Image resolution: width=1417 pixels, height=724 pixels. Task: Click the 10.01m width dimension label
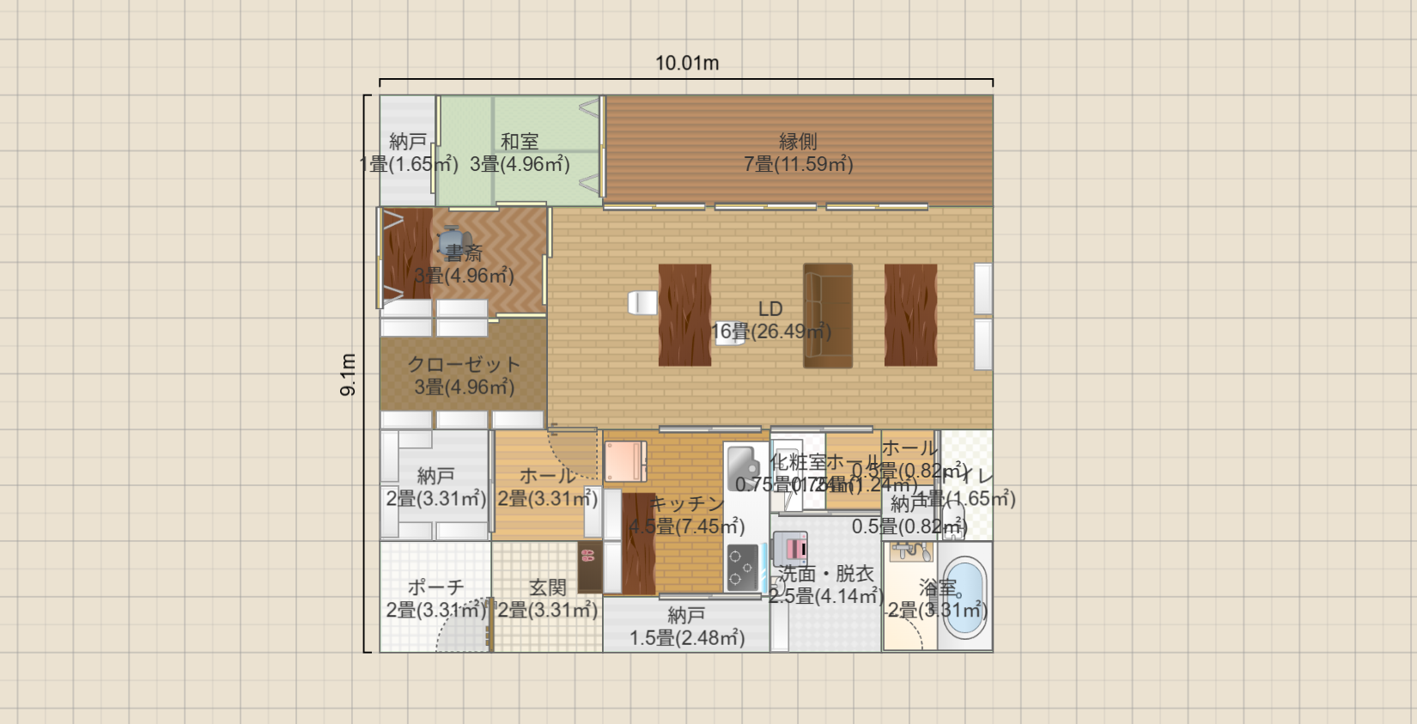click(687, 63)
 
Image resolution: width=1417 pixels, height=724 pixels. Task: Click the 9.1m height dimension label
click(348, 374)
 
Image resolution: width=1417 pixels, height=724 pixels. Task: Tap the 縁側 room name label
click(798, 141)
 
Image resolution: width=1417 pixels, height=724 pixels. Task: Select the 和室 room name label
click(520, 141)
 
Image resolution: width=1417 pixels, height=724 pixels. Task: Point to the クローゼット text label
click(464, 364)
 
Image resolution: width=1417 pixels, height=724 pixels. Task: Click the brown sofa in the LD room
click(828, 315)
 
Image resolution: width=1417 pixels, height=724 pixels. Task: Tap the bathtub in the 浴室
click(964, 596)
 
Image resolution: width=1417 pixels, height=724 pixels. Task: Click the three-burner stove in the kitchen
click(743, 568)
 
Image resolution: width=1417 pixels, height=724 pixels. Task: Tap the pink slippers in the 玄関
click(588, 555)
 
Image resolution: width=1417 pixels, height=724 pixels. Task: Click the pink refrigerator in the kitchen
click(625, 462)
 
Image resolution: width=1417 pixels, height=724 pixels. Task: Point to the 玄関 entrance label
click(547, 587)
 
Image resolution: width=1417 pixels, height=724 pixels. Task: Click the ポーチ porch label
click(435, 587)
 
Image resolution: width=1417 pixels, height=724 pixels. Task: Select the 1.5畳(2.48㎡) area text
click(687, 638)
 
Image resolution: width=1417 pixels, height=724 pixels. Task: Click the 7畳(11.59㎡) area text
click(798, 164)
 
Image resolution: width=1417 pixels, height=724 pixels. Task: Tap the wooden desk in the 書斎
click(407, 253)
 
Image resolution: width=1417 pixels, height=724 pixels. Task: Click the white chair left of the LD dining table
click(642, 302)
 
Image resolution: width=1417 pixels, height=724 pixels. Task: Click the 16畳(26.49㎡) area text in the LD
click(770, 332)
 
